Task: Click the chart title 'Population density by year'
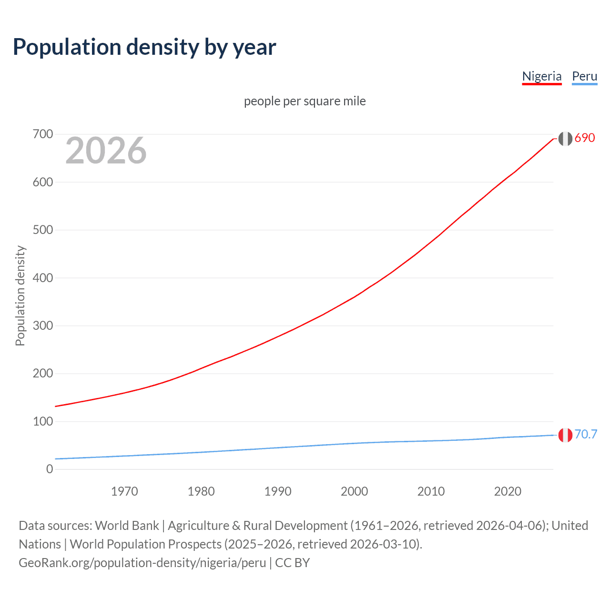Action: point(144,47)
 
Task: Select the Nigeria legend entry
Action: point(542,76)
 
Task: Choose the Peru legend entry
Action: point(584,76)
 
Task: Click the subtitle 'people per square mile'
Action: point(305,101)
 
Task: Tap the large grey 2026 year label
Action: point(106,151)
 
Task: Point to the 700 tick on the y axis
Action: point(43,134)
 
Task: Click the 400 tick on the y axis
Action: point(43,278)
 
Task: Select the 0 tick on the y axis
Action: point(50,469)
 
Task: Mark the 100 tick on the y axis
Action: point(43,422)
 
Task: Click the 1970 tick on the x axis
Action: point(124,491)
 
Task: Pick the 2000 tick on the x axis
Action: point(354,491)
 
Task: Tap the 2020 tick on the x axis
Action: point(508,491)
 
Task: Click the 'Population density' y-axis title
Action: point(20,295)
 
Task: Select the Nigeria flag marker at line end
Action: point(565,139)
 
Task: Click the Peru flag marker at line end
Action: point(565,435)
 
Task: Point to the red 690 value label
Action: point(585,138)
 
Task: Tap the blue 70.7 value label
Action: point(586,434)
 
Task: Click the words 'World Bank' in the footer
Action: point(127,526)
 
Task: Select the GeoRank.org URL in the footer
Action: point(142,563)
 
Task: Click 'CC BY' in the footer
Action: point(293,563)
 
